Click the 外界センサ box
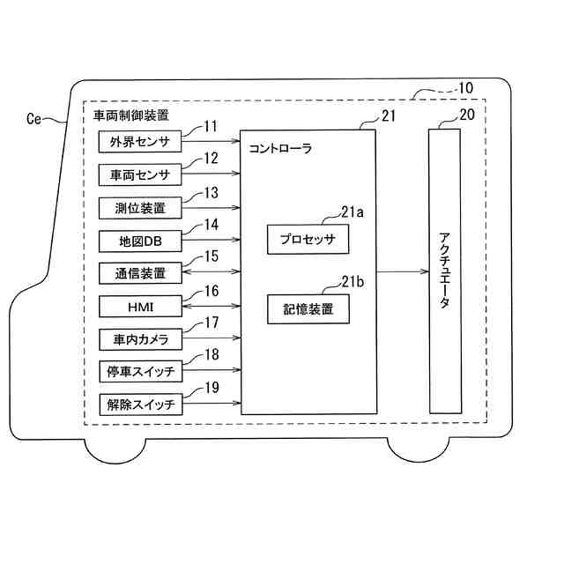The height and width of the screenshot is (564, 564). pyautogui.click(x=139, y=142)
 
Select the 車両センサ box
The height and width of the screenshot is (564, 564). pyautogui.click(x=139, y=174)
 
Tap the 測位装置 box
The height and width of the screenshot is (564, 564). pyautogui.click(x=139, y=208)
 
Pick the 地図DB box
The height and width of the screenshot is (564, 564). pyautogui.click(x=139, y=241)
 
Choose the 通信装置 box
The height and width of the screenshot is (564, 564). pyautogui.click(x=139, y=273)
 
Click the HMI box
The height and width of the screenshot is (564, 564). pyautogui.click(x=139, y=306)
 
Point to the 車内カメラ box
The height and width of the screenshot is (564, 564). pyautogui.click(x=139, y=338)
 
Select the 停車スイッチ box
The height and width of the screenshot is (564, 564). pyautogui.click(x=139, y=372)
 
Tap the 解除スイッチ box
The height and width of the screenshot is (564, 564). pyautogui.click(x=139, y=404)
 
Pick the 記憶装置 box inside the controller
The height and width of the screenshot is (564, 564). pyautogui.click(x=308, y=309)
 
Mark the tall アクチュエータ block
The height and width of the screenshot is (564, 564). pyautogui.click(x=445, y=271)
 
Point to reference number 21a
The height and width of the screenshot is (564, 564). pyautogui.click(x=353, y=211)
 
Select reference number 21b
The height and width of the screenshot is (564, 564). pyautogui.click(x=353, y=281)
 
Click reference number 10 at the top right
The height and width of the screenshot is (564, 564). pyautogui.click(x=464, y=88)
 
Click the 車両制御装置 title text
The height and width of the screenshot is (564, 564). pyautogui.click(x=131, y=115)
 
